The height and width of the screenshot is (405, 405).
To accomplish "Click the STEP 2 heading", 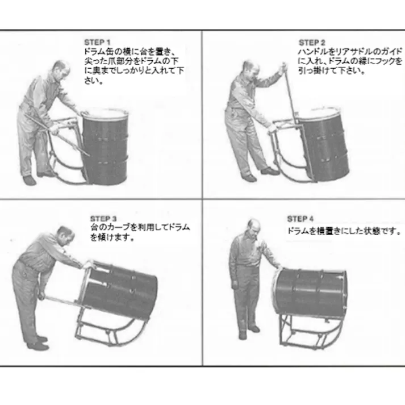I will coord(312,43).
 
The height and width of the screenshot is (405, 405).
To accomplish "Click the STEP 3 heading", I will coord(103,218).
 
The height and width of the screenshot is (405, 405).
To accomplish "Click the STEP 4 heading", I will coord(300,219).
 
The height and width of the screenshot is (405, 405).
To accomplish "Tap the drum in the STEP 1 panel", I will coord(106,148).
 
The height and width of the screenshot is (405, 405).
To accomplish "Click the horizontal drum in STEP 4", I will coord(311,292).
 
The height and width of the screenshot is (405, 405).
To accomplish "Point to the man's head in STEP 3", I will coord(64,235).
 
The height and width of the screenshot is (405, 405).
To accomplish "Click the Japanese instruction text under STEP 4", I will coord(343,232).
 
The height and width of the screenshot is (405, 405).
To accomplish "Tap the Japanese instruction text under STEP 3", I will coord(139,232).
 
